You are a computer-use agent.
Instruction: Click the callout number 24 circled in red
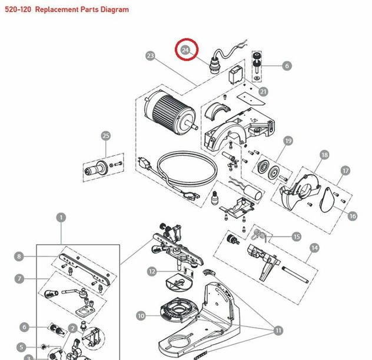[x=186, y=51]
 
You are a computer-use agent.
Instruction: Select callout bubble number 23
[x=150, y=56]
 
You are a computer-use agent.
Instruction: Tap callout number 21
[x=263, y=91]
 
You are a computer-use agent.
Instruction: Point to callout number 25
[x=105, y=136]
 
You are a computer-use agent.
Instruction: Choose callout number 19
[x=288, y=141]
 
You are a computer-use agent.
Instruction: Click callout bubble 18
[x=324, y=155]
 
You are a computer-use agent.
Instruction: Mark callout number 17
[x=346, y=171]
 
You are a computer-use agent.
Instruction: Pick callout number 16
[x=353, y=216]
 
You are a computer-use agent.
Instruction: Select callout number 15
[x=297, y=236]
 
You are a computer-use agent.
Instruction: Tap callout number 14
[x=314, y=248]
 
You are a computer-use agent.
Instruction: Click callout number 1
[x=61, y=217]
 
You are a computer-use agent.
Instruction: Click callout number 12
[x=152, y=271]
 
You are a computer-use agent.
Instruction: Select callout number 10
[x=141, y=316]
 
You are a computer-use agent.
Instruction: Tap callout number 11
[x=278, y=331]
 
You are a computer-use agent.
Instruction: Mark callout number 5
[x=21, y=347]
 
